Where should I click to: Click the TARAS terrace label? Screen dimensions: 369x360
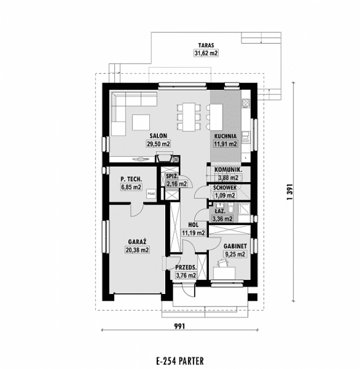pos(206,44)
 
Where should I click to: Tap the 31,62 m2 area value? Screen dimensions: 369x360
pos(206,53)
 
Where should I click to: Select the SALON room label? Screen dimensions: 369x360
pos(158,136)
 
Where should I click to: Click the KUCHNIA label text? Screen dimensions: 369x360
pos(225,136)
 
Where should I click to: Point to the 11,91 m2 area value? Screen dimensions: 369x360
pos(225,144)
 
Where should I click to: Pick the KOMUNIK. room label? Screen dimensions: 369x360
pos(228,169)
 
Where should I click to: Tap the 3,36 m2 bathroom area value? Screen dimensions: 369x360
pos(222,218)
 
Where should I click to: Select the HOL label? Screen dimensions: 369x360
pos(192,224)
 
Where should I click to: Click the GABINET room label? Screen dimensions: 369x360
pos(234,246)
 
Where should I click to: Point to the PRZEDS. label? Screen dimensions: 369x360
pos(186,267)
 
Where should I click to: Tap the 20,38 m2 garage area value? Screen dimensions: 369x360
pos(137,249)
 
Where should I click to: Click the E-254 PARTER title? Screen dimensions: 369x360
pos(179,360)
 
